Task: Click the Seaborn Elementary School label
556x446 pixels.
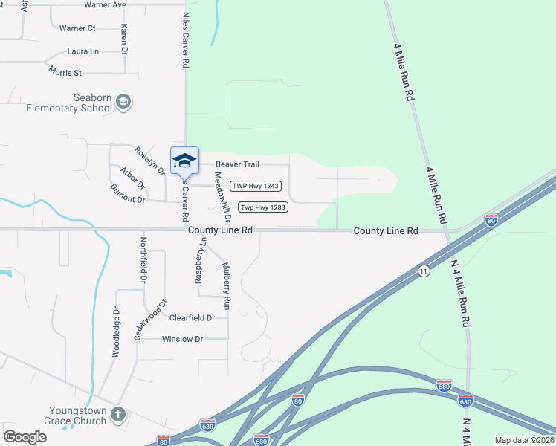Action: [68, 103]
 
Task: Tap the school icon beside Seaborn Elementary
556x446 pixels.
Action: [123, 102]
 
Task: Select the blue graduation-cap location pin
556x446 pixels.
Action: [184, 161]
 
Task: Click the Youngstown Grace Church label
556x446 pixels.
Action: [78, 415]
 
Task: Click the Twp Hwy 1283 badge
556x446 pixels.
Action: [262, 207]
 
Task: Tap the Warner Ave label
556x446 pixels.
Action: [105, 4]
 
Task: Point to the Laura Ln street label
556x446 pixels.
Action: [83, 52]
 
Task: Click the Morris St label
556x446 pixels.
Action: [65, 73]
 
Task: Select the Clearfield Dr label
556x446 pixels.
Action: [192, 318]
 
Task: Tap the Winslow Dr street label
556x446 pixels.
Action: [182, 339]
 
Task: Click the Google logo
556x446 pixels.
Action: [25, 437]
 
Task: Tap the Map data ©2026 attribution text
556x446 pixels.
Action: [524, 440]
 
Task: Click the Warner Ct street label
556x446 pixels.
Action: [77, 28]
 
